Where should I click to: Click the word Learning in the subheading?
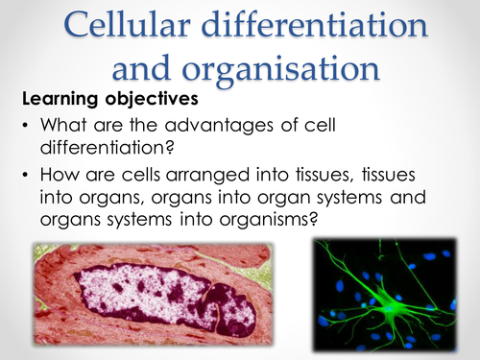point(57,99)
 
